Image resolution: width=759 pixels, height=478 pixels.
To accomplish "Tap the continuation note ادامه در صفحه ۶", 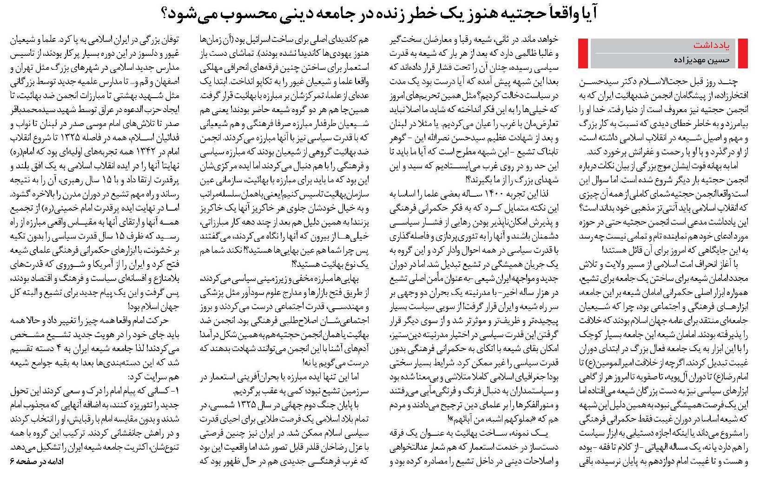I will (35, 462).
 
